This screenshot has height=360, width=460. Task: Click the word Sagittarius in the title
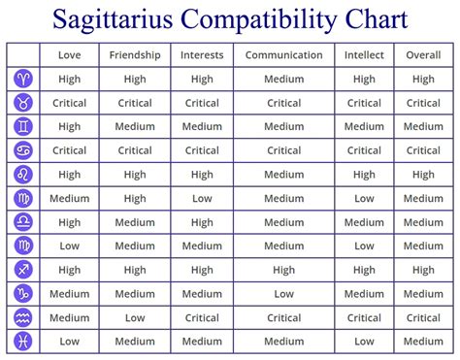click(113, 19)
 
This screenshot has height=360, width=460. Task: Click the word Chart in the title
click(377, 18)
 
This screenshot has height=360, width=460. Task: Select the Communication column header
click(283, 55)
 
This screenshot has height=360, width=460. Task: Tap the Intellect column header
click(364, 55)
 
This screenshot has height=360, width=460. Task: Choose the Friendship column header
click(135, 55)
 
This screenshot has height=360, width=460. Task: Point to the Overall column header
click(423, 55)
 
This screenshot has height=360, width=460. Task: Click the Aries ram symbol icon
click(23, 79)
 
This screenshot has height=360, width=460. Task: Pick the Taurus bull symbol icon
click(23, 103)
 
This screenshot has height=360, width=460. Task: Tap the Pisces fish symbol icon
click(23, 341)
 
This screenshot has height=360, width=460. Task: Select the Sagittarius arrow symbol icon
click(23, 270)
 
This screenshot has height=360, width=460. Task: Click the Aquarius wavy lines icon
click(23, 317)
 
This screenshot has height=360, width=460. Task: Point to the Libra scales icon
click(23, 222)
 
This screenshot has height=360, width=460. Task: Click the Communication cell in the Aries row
click(283, 79)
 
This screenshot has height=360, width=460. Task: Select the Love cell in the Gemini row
click(69, 127)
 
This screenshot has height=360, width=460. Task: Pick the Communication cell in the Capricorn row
click(283, 294)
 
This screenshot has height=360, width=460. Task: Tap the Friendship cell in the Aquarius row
click(135, 317)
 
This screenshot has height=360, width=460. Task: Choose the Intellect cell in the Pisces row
click(364, 342)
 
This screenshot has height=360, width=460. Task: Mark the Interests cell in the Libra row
click(202, 222)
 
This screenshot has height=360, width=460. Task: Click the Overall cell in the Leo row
click(423, 175)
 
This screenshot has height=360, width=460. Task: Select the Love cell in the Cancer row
click(69, 150)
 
